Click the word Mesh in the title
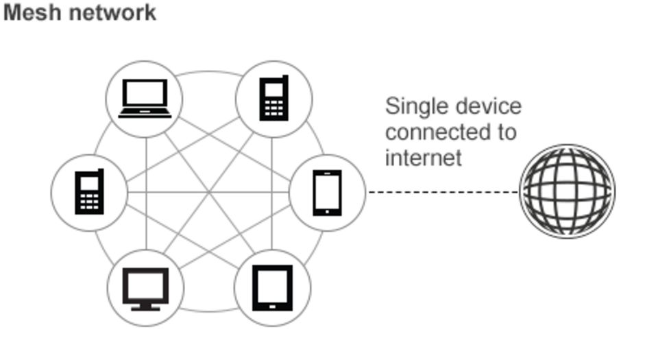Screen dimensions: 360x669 point(27,12)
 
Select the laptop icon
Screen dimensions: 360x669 point(144,99)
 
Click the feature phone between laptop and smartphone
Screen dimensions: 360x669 point(273,99)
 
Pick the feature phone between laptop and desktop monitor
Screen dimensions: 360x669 point(89,193)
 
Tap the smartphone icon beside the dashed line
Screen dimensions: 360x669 point(327,193)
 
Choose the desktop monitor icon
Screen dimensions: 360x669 point(145,288)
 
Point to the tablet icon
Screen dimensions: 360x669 point(272,288)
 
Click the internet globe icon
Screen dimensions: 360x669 point(567,191)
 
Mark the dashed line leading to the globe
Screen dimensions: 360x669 point(442,192)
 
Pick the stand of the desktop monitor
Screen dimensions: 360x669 point(145,306)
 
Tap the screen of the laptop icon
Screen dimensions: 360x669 point(144,93)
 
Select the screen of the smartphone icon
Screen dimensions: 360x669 point(327,191)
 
